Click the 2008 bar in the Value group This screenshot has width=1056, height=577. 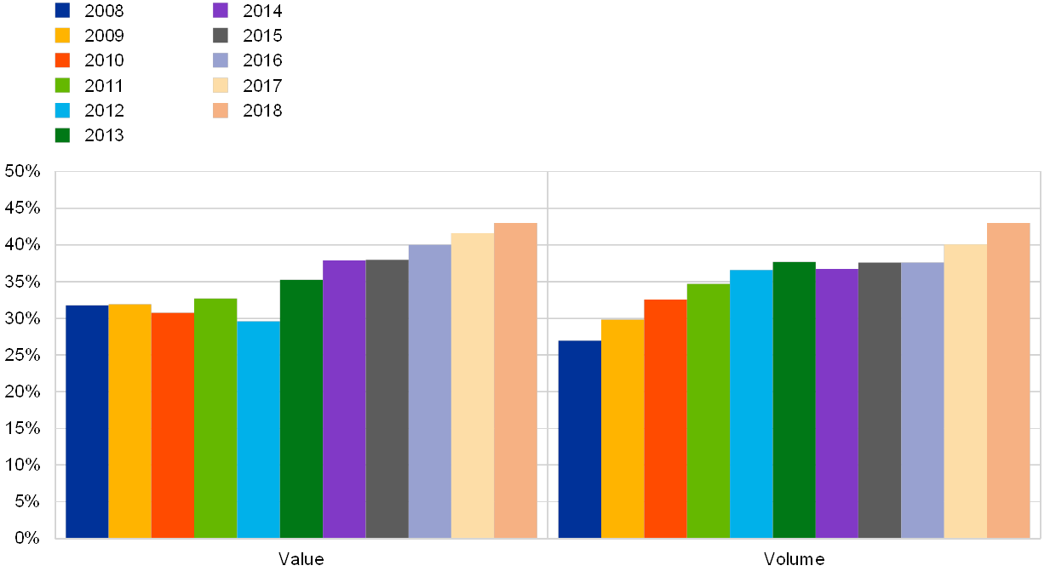click(87, 421)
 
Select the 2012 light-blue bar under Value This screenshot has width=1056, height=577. click(258, 429)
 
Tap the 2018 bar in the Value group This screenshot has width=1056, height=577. click(515, 380)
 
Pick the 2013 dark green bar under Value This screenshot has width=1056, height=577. click(301, 408)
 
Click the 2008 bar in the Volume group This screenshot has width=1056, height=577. click(579, 439)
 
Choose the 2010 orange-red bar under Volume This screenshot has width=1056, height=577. click(665, 419)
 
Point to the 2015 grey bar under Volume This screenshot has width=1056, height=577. click(880, 400)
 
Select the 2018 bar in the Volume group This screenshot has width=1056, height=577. click(1008, 380)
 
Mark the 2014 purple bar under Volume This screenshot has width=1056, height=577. click(836, 403)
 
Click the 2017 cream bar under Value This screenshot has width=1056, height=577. click(473, 386)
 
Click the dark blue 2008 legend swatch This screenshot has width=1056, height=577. click(62, 10)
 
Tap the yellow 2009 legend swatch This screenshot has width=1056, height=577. click(62, 35)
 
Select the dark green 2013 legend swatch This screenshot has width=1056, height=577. click(62, 134)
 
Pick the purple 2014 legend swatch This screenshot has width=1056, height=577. click(221, 10)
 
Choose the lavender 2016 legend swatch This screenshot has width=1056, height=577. click(221, 60)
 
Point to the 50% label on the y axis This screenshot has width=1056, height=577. click(23, 172)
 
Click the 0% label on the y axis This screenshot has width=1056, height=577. click(27, 538)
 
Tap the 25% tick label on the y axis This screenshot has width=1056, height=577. click(23, 355)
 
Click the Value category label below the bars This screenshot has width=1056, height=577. click(301, 559)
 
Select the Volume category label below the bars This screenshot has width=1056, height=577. click(794, 559)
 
